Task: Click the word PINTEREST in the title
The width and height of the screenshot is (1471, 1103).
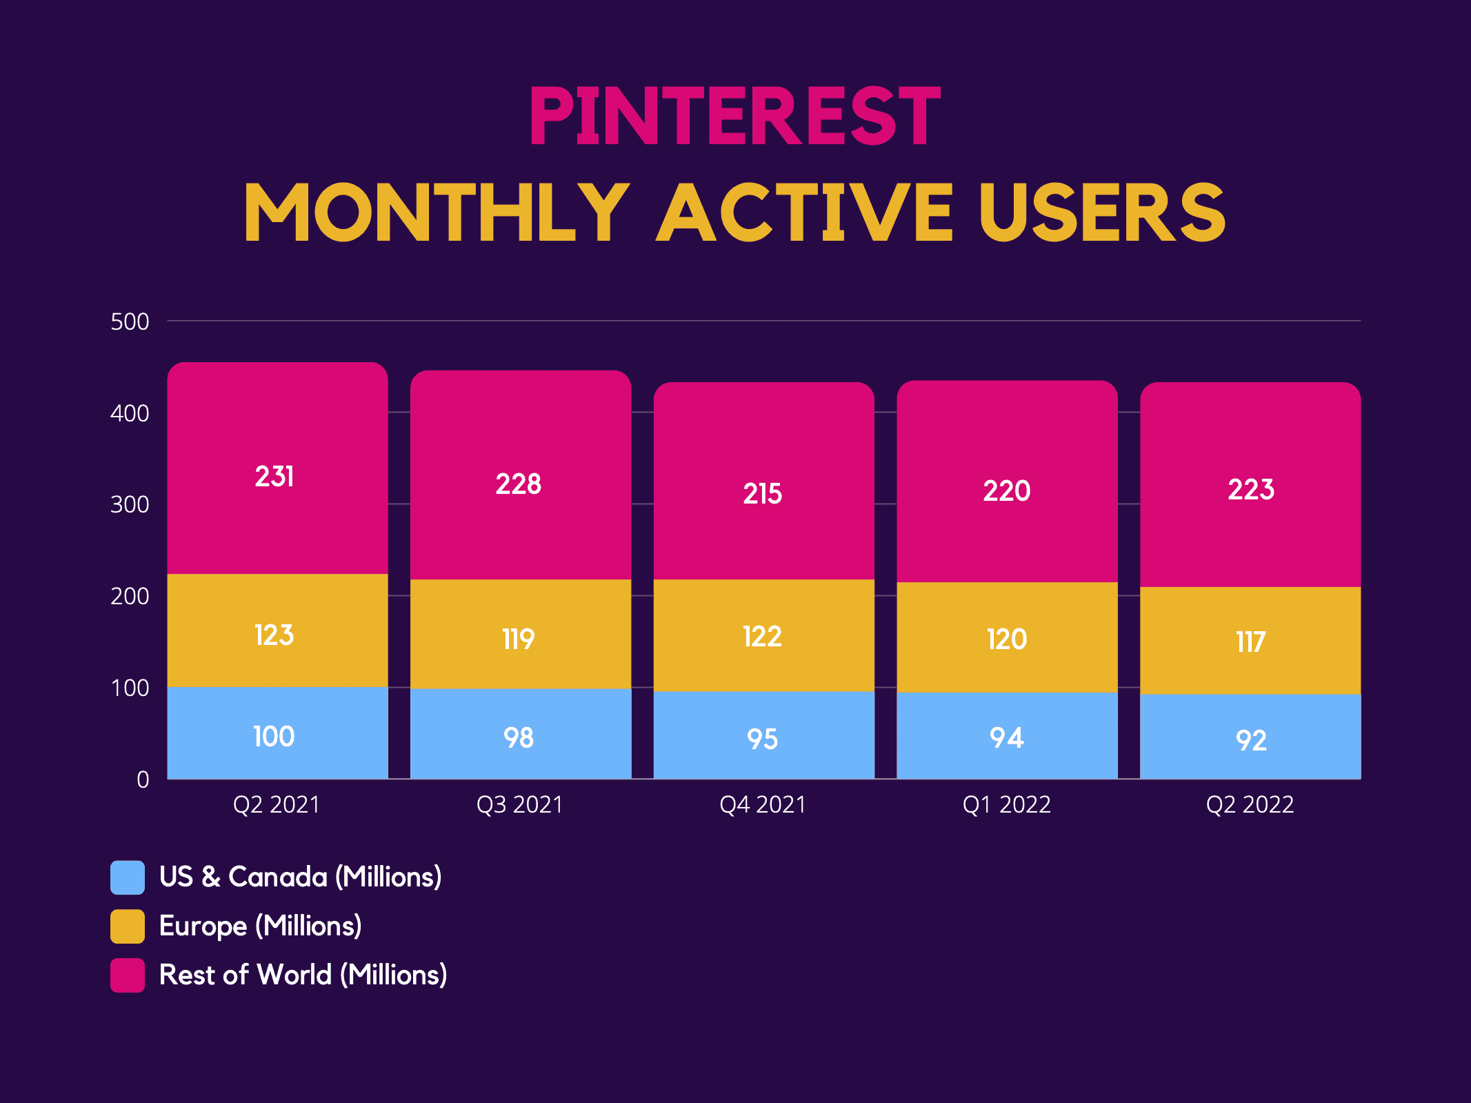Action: [x=734, y=116]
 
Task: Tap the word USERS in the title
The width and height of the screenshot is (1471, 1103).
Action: [x=1101, y=212]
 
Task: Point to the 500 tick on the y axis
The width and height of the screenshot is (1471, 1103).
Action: [x=130, y=322]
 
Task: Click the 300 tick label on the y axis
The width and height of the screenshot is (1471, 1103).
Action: [x=130, y=505]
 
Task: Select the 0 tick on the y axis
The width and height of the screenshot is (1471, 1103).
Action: [x=143, y=779]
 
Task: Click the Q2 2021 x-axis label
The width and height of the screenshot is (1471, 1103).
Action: [x=277, y=805]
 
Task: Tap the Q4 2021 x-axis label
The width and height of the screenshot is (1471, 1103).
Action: [x=763, y=805]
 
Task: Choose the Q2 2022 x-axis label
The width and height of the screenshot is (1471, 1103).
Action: [x=1250, y=805]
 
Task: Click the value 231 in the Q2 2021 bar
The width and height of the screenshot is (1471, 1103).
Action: [x=274, y=477]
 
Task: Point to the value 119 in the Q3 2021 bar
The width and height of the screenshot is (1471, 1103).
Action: [x=519, y=639]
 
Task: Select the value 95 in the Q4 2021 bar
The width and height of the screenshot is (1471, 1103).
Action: [x=763, y=739]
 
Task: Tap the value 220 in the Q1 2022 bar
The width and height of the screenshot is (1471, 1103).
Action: [x=1007, y=491]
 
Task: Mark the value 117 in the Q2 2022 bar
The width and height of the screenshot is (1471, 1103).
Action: [x=1250, y=642]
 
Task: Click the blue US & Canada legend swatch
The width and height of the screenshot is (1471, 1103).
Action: [x=128, y=877]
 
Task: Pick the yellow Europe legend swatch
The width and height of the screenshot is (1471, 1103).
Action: [x=128, y=926]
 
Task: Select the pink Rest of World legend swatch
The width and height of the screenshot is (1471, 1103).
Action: [x=128, y=975]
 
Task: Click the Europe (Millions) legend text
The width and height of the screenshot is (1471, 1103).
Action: [x=261, y=926]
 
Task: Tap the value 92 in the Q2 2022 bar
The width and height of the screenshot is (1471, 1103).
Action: [x=1251, y=741]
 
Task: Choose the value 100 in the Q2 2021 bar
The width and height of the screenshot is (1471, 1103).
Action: [x=274, y=737]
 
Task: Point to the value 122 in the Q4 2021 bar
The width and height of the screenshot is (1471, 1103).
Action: [x=762, y=637]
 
